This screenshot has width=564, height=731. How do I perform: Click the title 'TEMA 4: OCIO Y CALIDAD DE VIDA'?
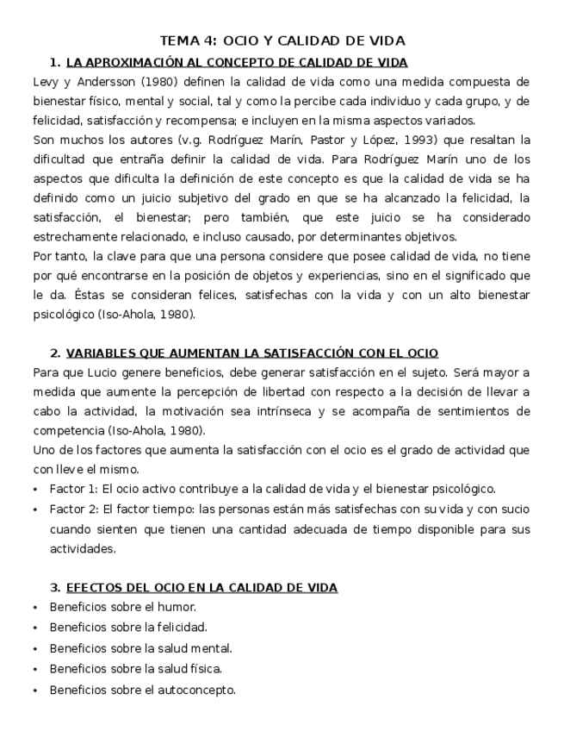coord(282,41)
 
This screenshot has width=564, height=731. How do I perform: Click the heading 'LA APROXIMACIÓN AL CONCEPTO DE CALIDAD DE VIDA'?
coord(236,62)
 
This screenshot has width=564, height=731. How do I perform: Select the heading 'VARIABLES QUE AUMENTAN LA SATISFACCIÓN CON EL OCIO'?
coord(251,353)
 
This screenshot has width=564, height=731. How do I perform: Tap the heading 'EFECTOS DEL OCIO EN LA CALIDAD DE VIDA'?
coord(201,587)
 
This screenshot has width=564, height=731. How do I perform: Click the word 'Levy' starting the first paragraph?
coord(46,82)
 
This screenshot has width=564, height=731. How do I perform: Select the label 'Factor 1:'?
coord(75,489)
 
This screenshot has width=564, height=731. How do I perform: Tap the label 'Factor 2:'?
coord(75,509)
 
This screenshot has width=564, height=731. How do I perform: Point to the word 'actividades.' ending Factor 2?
coord(82,548)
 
